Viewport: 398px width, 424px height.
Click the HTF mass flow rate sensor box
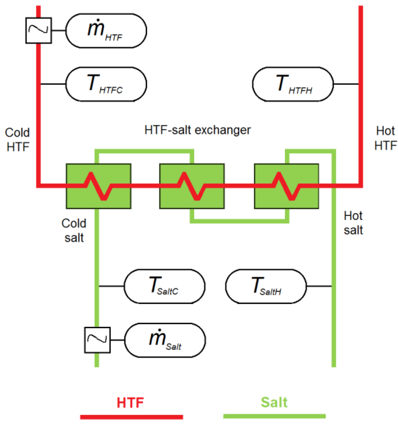click(x=106, y=30)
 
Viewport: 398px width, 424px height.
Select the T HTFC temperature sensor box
click(x=106, y=84)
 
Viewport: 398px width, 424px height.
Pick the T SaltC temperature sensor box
click(x=164, y=287)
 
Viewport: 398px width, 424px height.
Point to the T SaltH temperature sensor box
click(x=266, y=287)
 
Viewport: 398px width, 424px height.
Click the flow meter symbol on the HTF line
click(x=38, y=30)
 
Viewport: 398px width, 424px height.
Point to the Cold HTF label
click(x=17, y=139)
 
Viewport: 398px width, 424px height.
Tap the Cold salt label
click(x=74, y=230)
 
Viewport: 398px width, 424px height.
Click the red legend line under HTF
click(x=131, y=417)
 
